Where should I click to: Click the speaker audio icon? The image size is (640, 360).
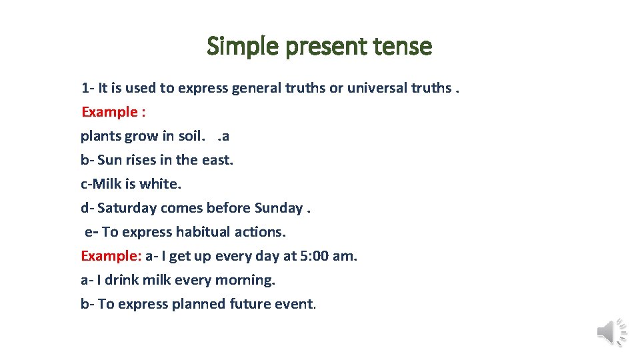(x=611, y=331)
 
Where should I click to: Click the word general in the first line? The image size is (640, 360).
(x=258, y=88)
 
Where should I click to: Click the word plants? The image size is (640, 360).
(x=101, y=136)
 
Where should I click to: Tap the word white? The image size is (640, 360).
(x=160, y=184)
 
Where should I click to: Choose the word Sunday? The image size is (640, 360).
(x=278, y=208)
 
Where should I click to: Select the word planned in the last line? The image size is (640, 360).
(x=199, y=304)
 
